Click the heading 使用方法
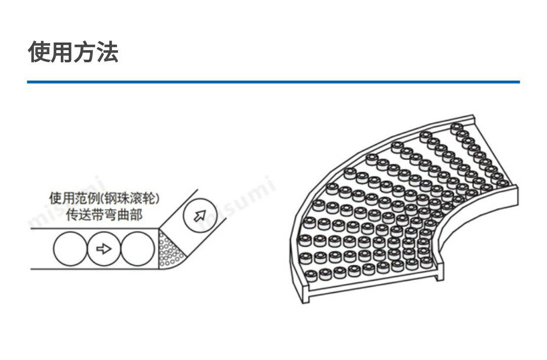pyautogui.click(x=73, y=52)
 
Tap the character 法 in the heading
pyautogui.click(x=107, y=52)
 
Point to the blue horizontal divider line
pyautogui.click(x=273, y=82)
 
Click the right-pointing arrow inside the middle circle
pyautogui.click(x=104, y=249)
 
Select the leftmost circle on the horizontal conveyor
pyautogui.click(x=70, y=249)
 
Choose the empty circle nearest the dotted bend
pyautogui.click(x=138, y=249)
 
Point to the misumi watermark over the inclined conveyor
pyautogui.click(x=238, y=200)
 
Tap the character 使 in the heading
pyautogui.click(x=38, y=52)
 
